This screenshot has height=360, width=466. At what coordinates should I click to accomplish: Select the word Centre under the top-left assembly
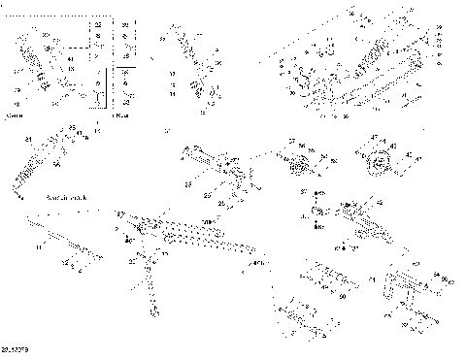[16, 115]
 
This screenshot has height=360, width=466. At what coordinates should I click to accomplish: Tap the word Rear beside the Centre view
[119, 115]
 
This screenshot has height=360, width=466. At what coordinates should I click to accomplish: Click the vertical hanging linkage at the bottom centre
[151, 286]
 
